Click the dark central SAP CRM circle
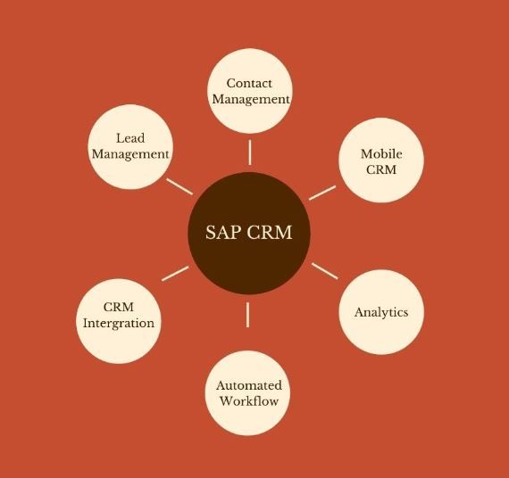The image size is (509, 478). (x=249, y=233)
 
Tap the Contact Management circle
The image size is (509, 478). (x=250, y=91)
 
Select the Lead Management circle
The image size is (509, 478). (x=130, y=146)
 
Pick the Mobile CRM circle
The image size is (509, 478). (x=381, y=161)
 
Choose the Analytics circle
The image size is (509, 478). (x=381, y=312)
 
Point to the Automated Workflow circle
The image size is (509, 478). (x=247, y=393)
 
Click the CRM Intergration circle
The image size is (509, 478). (x=119, y=321)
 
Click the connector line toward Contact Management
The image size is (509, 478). (x=250, y=152)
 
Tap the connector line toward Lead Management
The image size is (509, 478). (x=179, y=186)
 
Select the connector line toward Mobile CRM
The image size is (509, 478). (x=322, y=193)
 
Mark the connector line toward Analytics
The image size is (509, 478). (x=325, y=271)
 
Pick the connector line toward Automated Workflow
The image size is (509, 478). (x=247, y=315)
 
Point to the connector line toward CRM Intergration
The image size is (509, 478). (x=175, y=274)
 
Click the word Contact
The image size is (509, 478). (x=249, y=83)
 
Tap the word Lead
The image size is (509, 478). (x=130, y=138)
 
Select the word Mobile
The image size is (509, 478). (x=381, y=153)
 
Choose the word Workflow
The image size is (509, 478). (x=248, y=401)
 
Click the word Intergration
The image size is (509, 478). (x=119, y=324)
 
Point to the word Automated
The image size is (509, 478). (x=248, y=385)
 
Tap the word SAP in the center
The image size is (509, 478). (x=223, y=233)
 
